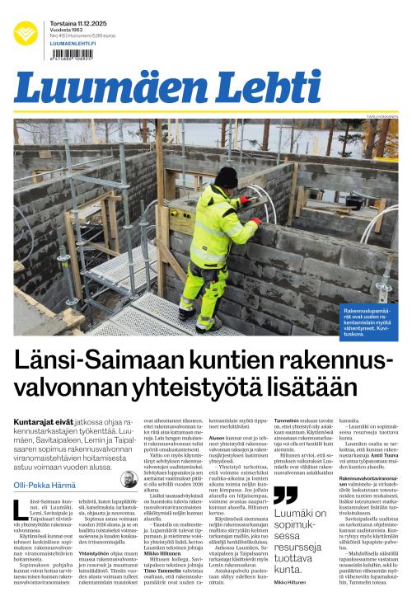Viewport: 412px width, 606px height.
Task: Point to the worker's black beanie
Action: click(225, 176)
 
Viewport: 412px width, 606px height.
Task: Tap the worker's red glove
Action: click(255, 221)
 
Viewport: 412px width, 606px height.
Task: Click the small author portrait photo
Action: click(129, 479)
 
